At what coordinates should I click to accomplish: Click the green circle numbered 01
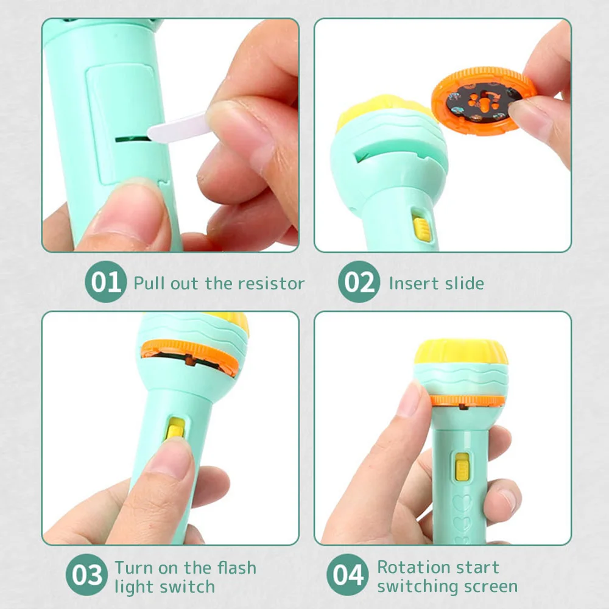(x=105, y=281)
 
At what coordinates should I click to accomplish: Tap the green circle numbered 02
(x=359, y=281)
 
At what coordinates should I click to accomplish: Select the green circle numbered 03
(x=86, y=574)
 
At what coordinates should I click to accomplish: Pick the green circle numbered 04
(x=348, y=574)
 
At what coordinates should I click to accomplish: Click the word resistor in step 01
(x=271, y=284)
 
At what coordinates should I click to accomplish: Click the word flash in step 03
(x=236, y=568)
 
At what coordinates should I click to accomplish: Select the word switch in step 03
(x=189, y=586)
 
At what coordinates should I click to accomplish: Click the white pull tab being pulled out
(x=178, y=127)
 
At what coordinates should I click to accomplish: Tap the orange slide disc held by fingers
(x=484, y=101)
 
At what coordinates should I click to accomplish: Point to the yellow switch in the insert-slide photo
(x=422, y=229)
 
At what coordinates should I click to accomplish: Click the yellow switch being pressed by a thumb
(x=175, y=429)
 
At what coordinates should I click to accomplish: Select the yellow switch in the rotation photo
(x=462, y=466)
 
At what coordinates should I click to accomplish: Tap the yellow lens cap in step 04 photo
(x=461, y=352)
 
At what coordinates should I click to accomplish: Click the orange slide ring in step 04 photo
(x=468, y=401)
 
